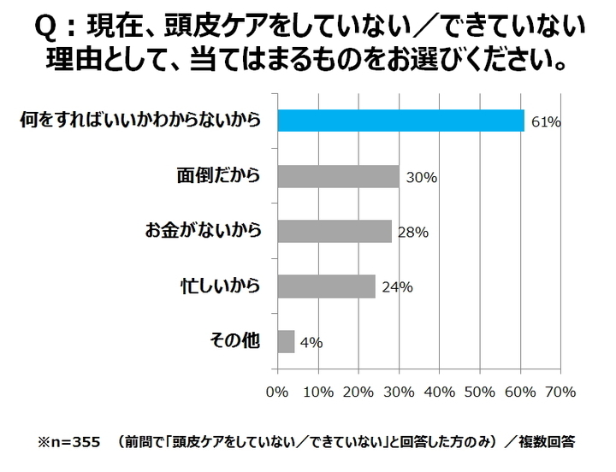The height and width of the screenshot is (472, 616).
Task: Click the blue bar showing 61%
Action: coord(400,121)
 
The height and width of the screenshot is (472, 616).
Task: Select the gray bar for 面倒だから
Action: coord(338,176)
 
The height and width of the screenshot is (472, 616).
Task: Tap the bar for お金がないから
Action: coord(335,231)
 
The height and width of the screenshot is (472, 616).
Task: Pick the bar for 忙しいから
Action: coord(326,286)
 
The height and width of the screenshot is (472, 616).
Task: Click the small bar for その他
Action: coord(286,341)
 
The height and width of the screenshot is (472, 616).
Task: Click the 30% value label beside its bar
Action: coord(421,178)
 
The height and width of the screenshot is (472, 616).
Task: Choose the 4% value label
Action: coord(311,343)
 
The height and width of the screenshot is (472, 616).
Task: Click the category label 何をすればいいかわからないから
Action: coord(141,121)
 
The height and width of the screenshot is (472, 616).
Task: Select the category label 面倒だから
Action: coord(215,176)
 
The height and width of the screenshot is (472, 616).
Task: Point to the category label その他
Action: coord(234,340)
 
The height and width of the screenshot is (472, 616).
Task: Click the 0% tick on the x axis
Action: coord(277,392)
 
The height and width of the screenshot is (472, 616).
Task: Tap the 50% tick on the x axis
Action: coord(479,392)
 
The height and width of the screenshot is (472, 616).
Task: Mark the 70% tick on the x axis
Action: coord(560,392)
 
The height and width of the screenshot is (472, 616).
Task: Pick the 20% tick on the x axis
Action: coord(358,392)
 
